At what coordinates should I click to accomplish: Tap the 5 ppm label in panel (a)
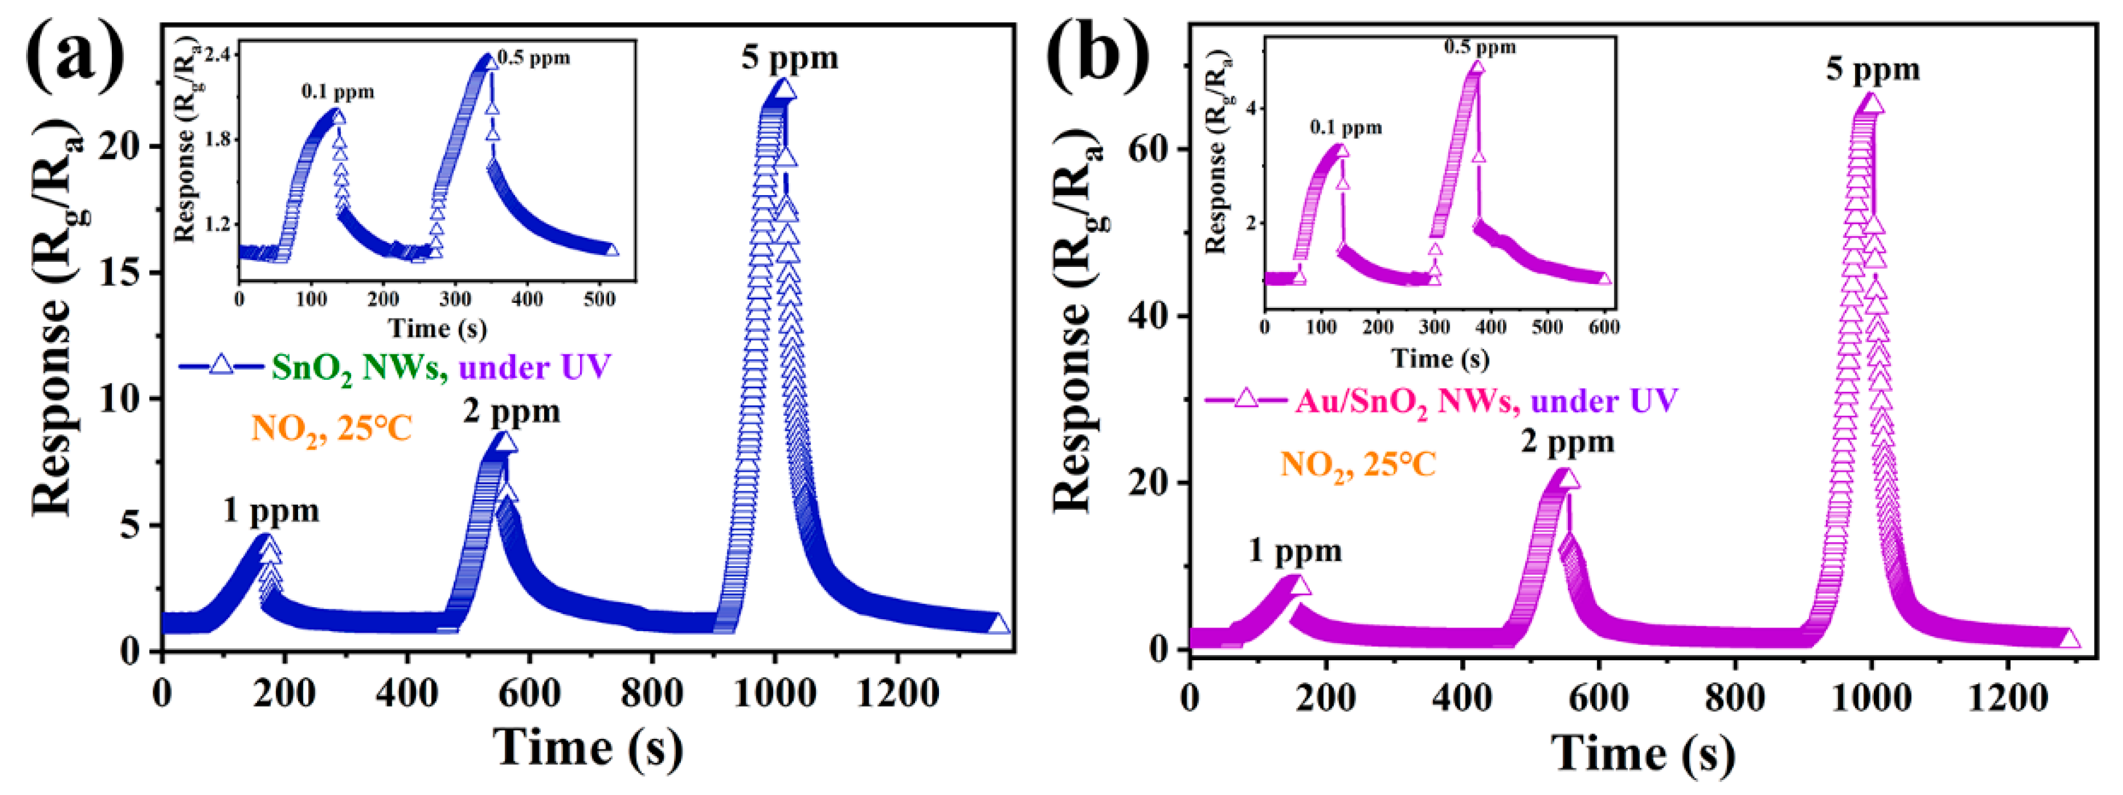[x=790, y=58]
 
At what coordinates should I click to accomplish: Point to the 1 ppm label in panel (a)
[x=271, y=511]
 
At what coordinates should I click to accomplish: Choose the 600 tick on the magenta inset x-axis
[x=1603, y=327]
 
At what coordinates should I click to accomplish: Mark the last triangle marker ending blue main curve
[x=998, y=624]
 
